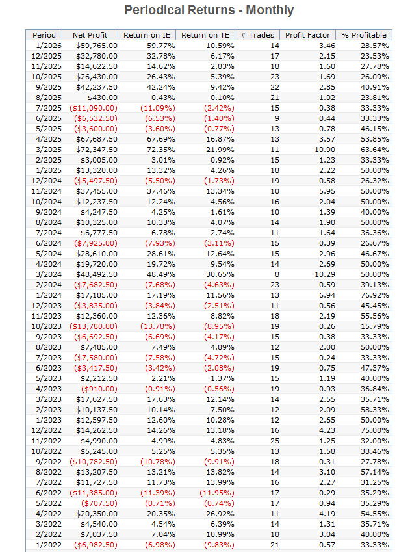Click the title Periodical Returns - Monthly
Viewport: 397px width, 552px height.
(209, 10)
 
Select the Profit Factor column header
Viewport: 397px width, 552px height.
(307, 35)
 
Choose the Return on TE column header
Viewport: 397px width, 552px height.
(203, 35)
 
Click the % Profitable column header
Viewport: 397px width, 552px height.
(364, 35)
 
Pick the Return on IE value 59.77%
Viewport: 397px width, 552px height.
(160, 46)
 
